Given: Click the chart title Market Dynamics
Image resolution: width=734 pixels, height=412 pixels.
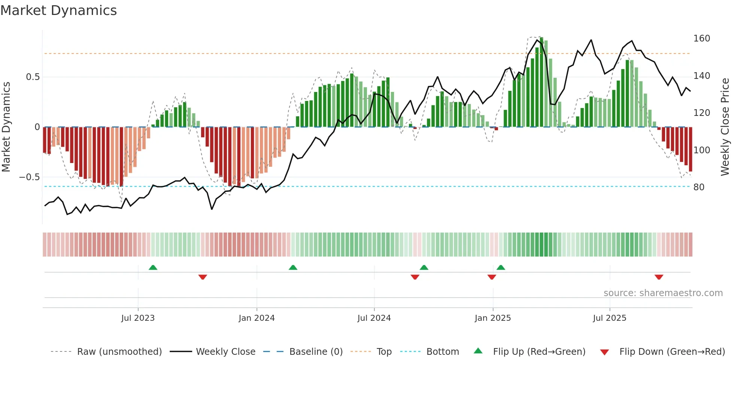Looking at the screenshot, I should click(x=58, y=10).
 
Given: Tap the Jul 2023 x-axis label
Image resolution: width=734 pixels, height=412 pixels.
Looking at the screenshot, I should click(x=138, y=318).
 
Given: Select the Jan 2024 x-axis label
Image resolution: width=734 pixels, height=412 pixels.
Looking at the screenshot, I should click(x=257, y=318).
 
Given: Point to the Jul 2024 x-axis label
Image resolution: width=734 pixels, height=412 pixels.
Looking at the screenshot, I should click(x=374, y=318).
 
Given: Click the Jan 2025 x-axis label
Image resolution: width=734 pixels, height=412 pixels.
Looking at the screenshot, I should click(x=492, y=318).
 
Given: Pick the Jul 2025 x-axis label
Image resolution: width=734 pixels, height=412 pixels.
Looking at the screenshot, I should click(x=609, y=318).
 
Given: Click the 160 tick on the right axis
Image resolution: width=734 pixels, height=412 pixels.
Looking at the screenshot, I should click(x=701, y=39).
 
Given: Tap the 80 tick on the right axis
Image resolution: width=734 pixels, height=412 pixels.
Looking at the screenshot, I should click(x=698, y=187).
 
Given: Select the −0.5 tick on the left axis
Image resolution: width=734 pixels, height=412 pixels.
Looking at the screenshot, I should click(x=29, y=177).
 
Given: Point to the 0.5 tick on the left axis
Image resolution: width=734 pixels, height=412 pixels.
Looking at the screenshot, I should click(x=33, y=77).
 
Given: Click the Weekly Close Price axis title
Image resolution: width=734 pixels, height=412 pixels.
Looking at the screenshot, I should click(x=725, y=127).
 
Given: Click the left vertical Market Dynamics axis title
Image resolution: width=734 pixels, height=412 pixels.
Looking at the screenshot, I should click(x=6, y=127).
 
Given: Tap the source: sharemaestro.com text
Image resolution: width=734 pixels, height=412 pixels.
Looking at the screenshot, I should click(x=663, y=293).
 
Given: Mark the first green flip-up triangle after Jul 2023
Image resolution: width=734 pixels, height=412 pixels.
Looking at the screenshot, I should click(x=153, y=268).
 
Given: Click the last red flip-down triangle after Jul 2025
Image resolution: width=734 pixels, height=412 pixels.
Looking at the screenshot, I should click(x=659, y=277).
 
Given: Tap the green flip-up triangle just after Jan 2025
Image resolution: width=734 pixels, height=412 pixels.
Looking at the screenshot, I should click(x=501, y=268).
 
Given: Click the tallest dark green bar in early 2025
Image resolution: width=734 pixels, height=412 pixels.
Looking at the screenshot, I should click(x=542, y=82).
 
